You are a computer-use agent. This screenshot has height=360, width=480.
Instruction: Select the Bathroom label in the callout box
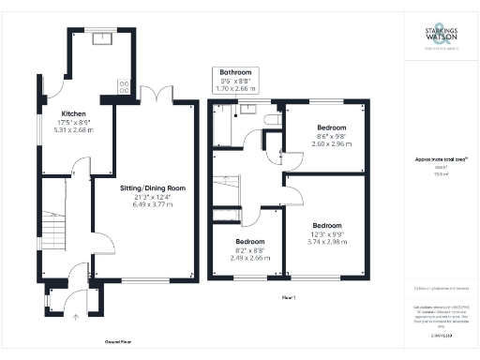click(x=236, y=72)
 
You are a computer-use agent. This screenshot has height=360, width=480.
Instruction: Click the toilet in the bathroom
click(x=269, y=120)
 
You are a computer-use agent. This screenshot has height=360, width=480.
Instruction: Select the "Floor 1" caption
click(x=288, y=297)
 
